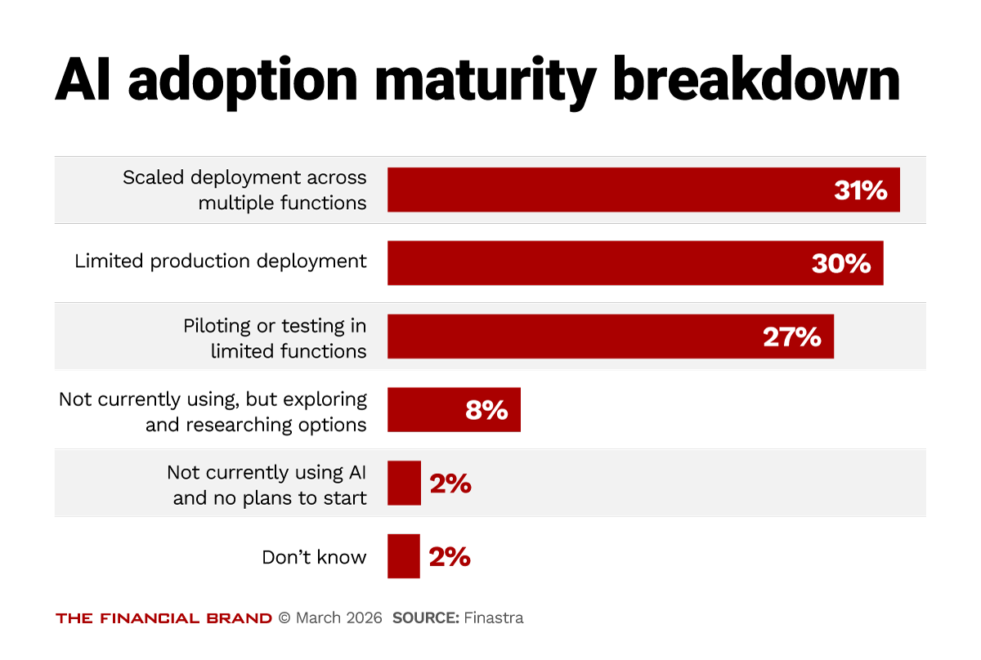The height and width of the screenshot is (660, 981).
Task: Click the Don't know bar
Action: [403, 556]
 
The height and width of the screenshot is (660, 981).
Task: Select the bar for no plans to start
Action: [404, 483]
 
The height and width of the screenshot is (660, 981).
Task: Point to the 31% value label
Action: [860, 190]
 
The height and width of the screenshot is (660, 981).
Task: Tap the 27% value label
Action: [791, 337]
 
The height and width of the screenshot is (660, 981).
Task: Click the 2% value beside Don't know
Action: [450, 557]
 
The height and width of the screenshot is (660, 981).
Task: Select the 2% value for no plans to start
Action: [450, 484]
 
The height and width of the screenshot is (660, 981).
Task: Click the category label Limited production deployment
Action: [221, 261]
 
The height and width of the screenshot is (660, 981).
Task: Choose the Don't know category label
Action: [314, 557]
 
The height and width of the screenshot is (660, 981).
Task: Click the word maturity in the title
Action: [490, 82]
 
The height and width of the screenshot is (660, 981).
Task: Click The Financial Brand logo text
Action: [163, 618]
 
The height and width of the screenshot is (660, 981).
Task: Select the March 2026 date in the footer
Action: [338, 618]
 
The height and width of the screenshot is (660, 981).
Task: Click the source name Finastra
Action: [494, 618]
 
